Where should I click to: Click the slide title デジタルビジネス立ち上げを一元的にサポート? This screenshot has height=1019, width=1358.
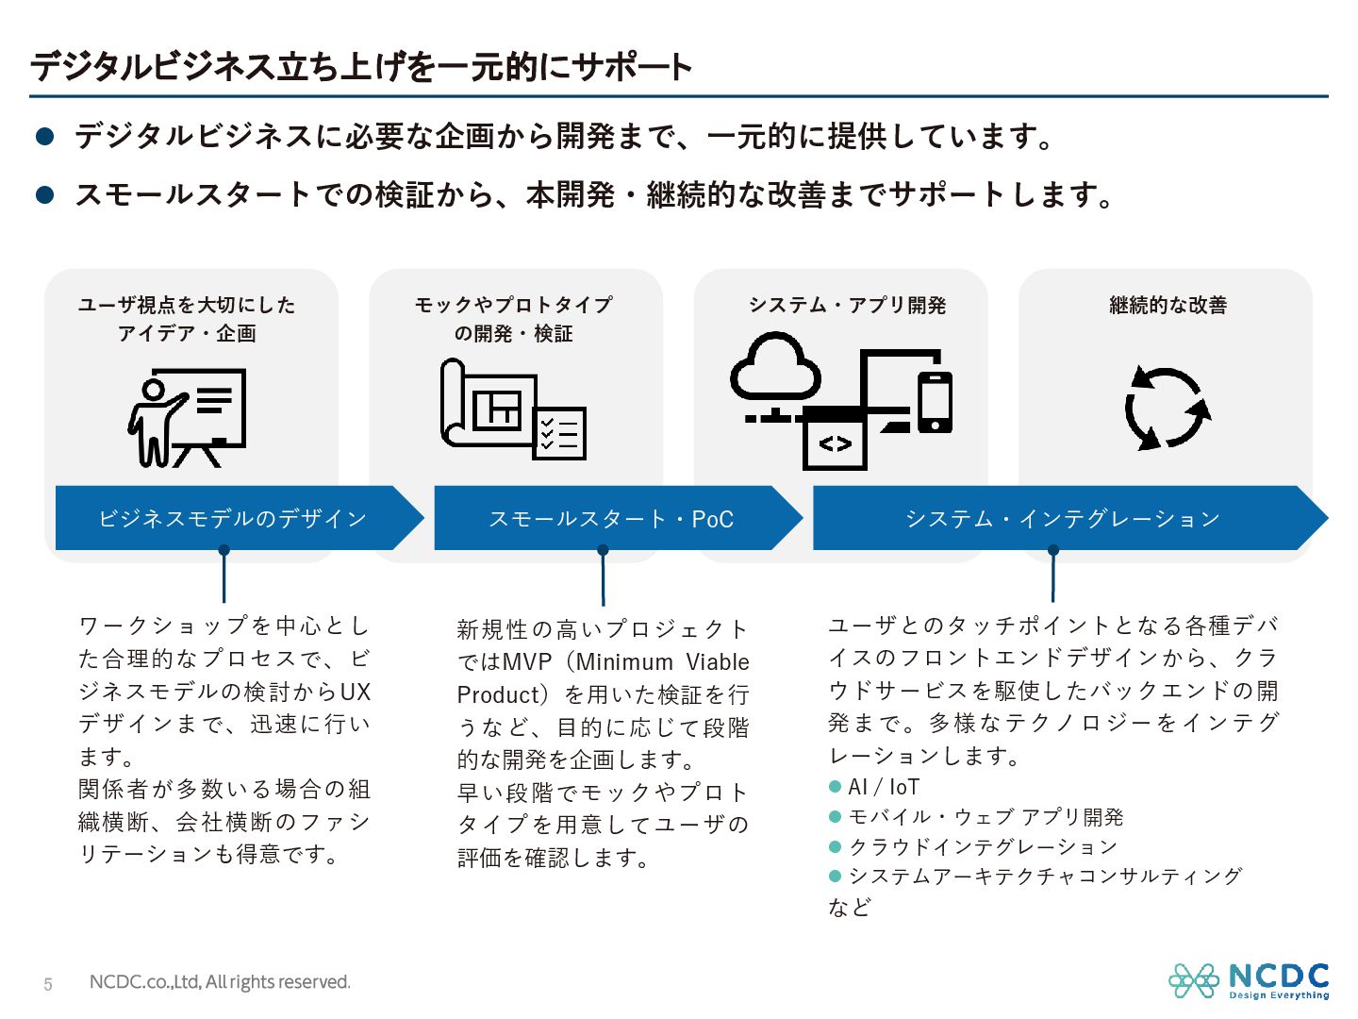pyautogui.click(x=361, y=67)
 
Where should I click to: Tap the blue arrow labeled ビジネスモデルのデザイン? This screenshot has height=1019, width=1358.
pyautogui.click(x=232, y=518)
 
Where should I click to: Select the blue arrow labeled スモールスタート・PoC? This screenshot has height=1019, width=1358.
pyautogui.click(x=610, y=518)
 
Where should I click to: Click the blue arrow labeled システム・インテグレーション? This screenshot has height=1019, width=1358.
pyautogui.click(x=1063, y=518)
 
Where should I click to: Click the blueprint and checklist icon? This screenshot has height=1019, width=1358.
pyautogui.click(x=512, y=409)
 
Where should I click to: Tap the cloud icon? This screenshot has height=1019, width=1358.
pyautogui.click(x=775, y=369)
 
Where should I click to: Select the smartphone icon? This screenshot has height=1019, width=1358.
pyautogui.click(x=935, y=401)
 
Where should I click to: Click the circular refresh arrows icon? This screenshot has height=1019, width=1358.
pyautogui.click(x=1167, y=409)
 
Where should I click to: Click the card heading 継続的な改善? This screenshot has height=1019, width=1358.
pyautogui.click(x=1168, y=305)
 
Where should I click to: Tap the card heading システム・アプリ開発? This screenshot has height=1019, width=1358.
pyautogui.click(x=847, y=305)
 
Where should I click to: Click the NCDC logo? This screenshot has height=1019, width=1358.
pyautogui.click(x=1249, y=981)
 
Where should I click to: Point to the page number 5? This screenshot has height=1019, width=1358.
pyautogui.click(x=48, y=984)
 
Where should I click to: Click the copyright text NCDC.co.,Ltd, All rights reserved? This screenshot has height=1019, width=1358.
pyautogui.click(x=220, y=982)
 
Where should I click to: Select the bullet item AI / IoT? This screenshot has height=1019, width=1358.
pyautogui.click(x=884, y=787)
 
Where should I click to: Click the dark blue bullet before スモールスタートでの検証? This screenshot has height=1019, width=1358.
pyautogui.click(x=44, y=194)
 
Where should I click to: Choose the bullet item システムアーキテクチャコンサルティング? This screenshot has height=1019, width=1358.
pyautogui.click(x=1045, y=877)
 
